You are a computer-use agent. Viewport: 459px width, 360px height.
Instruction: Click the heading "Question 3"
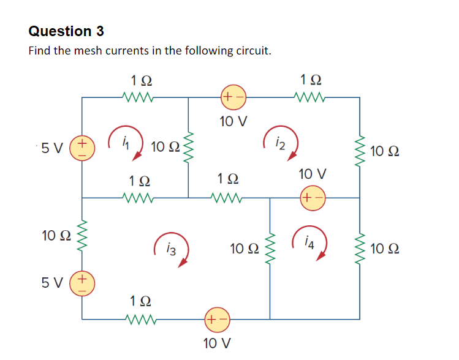pyautogui.click(x=66, y=31)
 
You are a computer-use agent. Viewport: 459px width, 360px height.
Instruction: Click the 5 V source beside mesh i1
pyautogui.click(x=82, y=149)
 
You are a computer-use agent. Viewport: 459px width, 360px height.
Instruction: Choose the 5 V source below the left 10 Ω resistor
pyautogui.click(x=82, y=284)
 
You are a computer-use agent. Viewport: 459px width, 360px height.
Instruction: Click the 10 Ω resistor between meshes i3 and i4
pyautogui.click(x=269, y=249)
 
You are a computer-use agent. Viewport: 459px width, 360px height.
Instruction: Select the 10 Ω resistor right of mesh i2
pyautogui.click(x=360, y=151)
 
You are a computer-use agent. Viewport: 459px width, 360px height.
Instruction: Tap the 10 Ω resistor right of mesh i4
pyautogui.click(x=360, y=248)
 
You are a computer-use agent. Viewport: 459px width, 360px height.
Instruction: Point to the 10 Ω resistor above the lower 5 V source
pyautogui.click(x=82, y=235)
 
